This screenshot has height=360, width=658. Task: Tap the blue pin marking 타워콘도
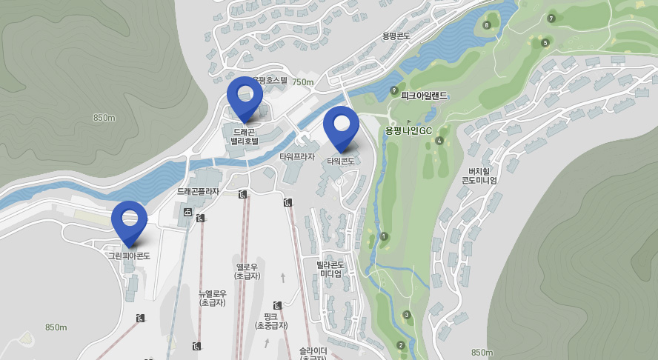point(341,126)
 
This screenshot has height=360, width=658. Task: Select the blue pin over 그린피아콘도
point(130,221)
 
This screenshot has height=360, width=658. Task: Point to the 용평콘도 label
point(396,36)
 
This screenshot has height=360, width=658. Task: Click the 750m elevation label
point(302,82)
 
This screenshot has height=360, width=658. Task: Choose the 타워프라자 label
point(297,157)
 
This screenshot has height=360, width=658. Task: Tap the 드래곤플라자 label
point(198,191)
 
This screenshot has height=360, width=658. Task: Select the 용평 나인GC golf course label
point(408,130)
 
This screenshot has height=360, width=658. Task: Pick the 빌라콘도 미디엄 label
point(330,269)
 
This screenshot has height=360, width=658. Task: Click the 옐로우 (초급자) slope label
point(247,271)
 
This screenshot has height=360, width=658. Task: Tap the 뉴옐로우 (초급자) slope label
point(213,298)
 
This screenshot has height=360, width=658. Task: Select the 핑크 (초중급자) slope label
point(270,321)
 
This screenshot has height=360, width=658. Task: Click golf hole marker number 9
point(393,90)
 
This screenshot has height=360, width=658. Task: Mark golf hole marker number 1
point(384,236)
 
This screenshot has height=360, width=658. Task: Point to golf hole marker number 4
point(439,141)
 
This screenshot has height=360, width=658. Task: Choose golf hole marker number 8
point(486,25)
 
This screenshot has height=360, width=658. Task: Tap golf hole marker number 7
point(551,18)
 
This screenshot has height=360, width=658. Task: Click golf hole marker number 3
point(407,315)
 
